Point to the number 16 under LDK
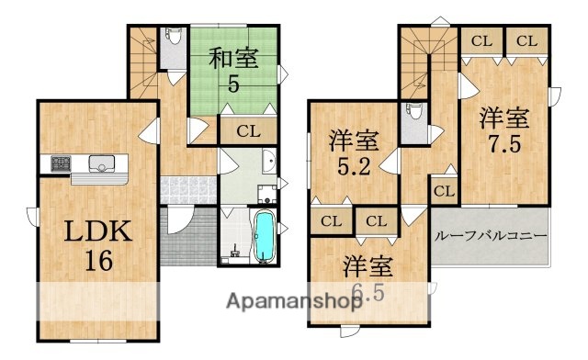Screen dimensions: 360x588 point(98,260)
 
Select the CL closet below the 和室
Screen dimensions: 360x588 point(247,130)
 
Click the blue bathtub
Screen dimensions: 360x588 point(264,235)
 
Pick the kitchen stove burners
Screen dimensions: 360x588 point(60,164)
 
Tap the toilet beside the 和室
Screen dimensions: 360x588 point(173,40)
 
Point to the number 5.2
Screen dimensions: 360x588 point(354,169)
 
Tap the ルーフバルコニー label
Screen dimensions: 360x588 point(490,235)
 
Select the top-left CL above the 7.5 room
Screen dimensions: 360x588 point(481,40)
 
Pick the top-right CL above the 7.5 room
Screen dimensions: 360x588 point(526,40)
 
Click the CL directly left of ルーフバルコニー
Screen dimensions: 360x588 point(444,192)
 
